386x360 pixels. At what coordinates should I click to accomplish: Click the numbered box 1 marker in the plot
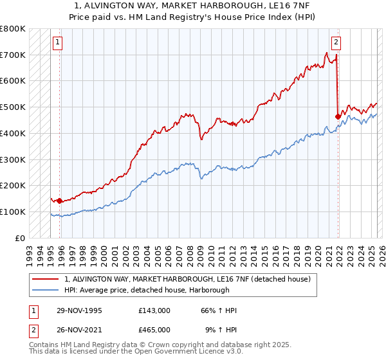click(57, 43)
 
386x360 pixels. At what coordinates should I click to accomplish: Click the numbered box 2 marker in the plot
click(336, 43)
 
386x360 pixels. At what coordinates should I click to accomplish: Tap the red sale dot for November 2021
click(338, 116)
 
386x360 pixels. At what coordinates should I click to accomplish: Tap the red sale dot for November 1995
click(60, 201)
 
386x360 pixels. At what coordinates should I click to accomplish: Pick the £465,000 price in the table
click(154, 330)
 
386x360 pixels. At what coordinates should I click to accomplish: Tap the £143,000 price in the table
click(154, 310)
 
